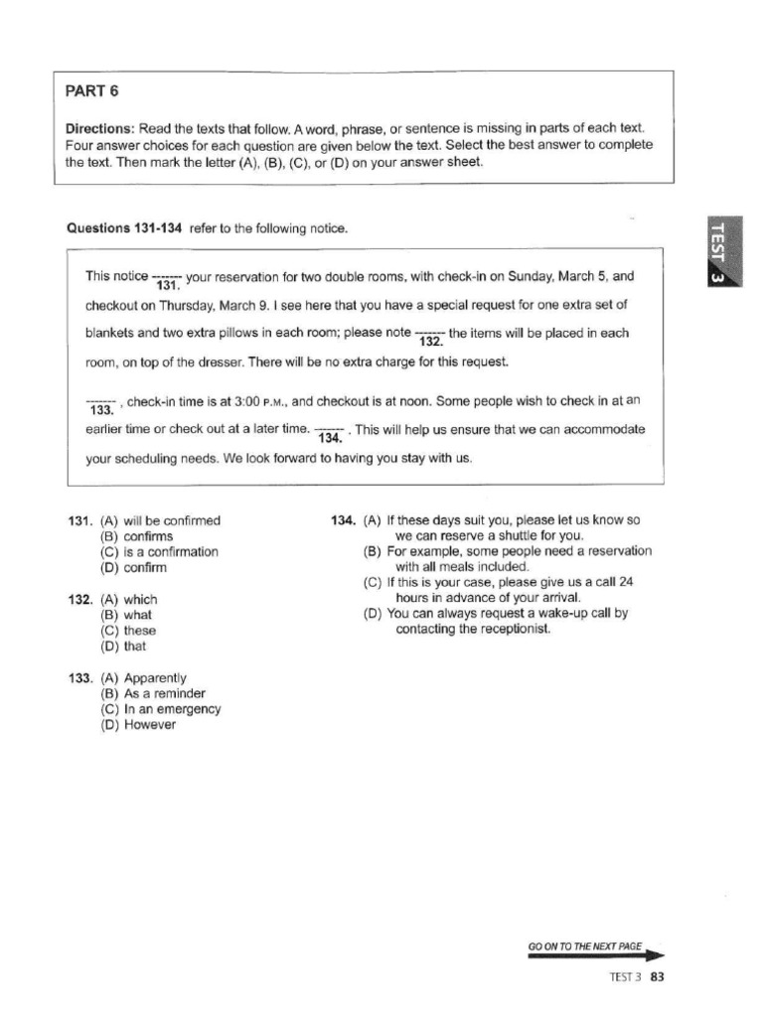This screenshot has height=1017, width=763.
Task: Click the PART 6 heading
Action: point(91,91)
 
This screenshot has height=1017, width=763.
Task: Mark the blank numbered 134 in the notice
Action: point(331,433)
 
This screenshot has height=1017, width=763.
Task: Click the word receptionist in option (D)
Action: point(505,630)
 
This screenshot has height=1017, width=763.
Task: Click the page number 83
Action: point(656,976)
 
